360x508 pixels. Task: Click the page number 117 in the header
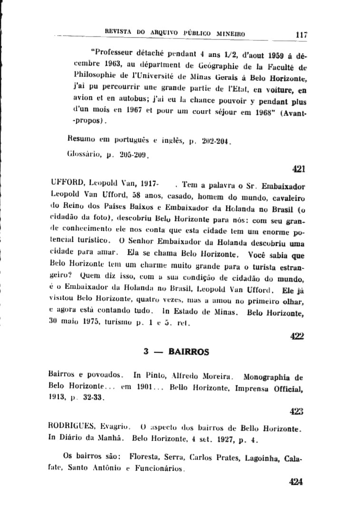301,34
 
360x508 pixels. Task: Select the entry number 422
297,335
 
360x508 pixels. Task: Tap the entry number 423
296,410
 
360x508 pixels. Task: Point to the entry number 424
296,481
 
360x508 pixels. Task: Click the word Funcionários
159,469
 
